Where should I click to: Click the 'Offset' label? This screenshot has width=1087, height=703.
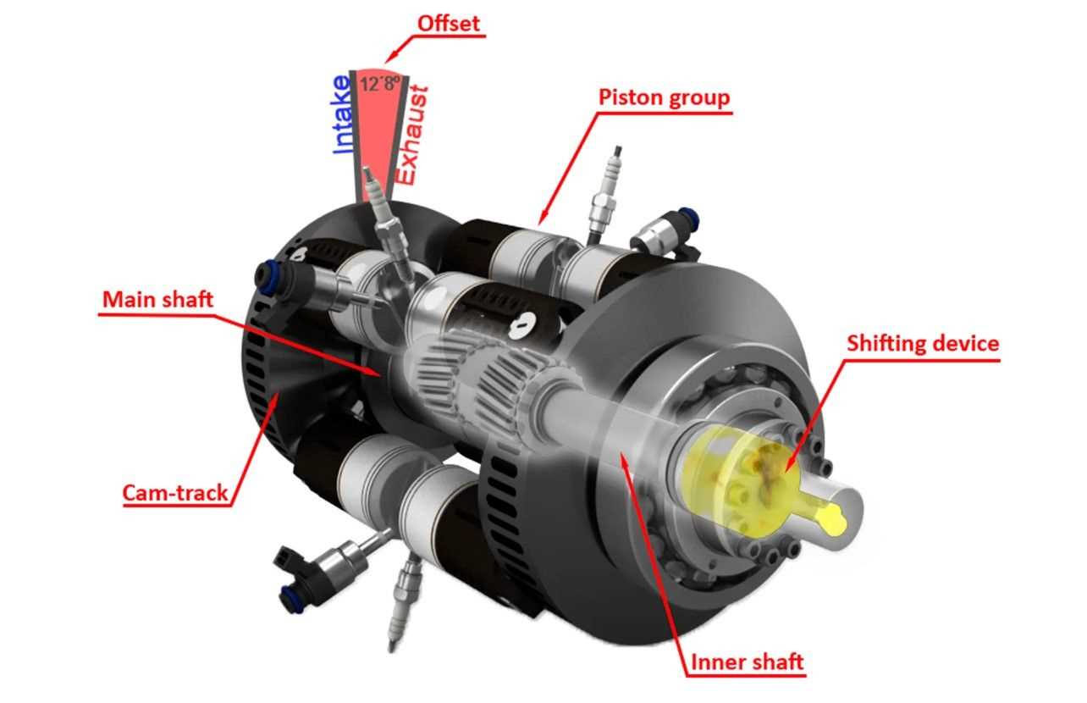(x=449, y=24)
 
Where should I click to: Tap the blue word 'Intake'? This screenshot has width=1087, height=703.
(x=341, y=114)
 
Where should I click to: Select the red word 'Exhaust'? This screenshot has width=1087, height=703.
(x=412, y=136)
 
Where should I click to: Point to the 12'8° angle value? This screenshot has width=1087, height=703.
(x=380, y=84)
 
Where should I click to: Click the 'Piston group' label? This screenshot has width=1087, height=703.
(x=664, y=97)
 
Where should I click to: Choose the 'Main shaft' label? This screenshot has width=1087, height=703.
(x=157, y=300)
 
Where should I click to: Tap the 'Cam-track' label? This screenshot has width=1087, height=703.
(x=174, y=492)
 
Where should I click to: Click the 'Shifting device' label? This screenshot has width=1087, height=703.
(x=923, y=343)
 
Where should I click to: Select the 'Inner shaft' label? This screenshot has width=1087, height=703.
(x=747, y=661)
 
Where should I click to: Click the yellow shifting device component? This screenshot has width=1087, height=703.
(x=742, y=485)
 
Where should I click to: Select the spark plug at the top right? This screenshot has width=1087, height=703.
(x=604, y=194)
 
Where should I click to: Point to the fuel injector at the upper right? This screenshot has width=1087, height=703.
(x=665, y=232)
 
